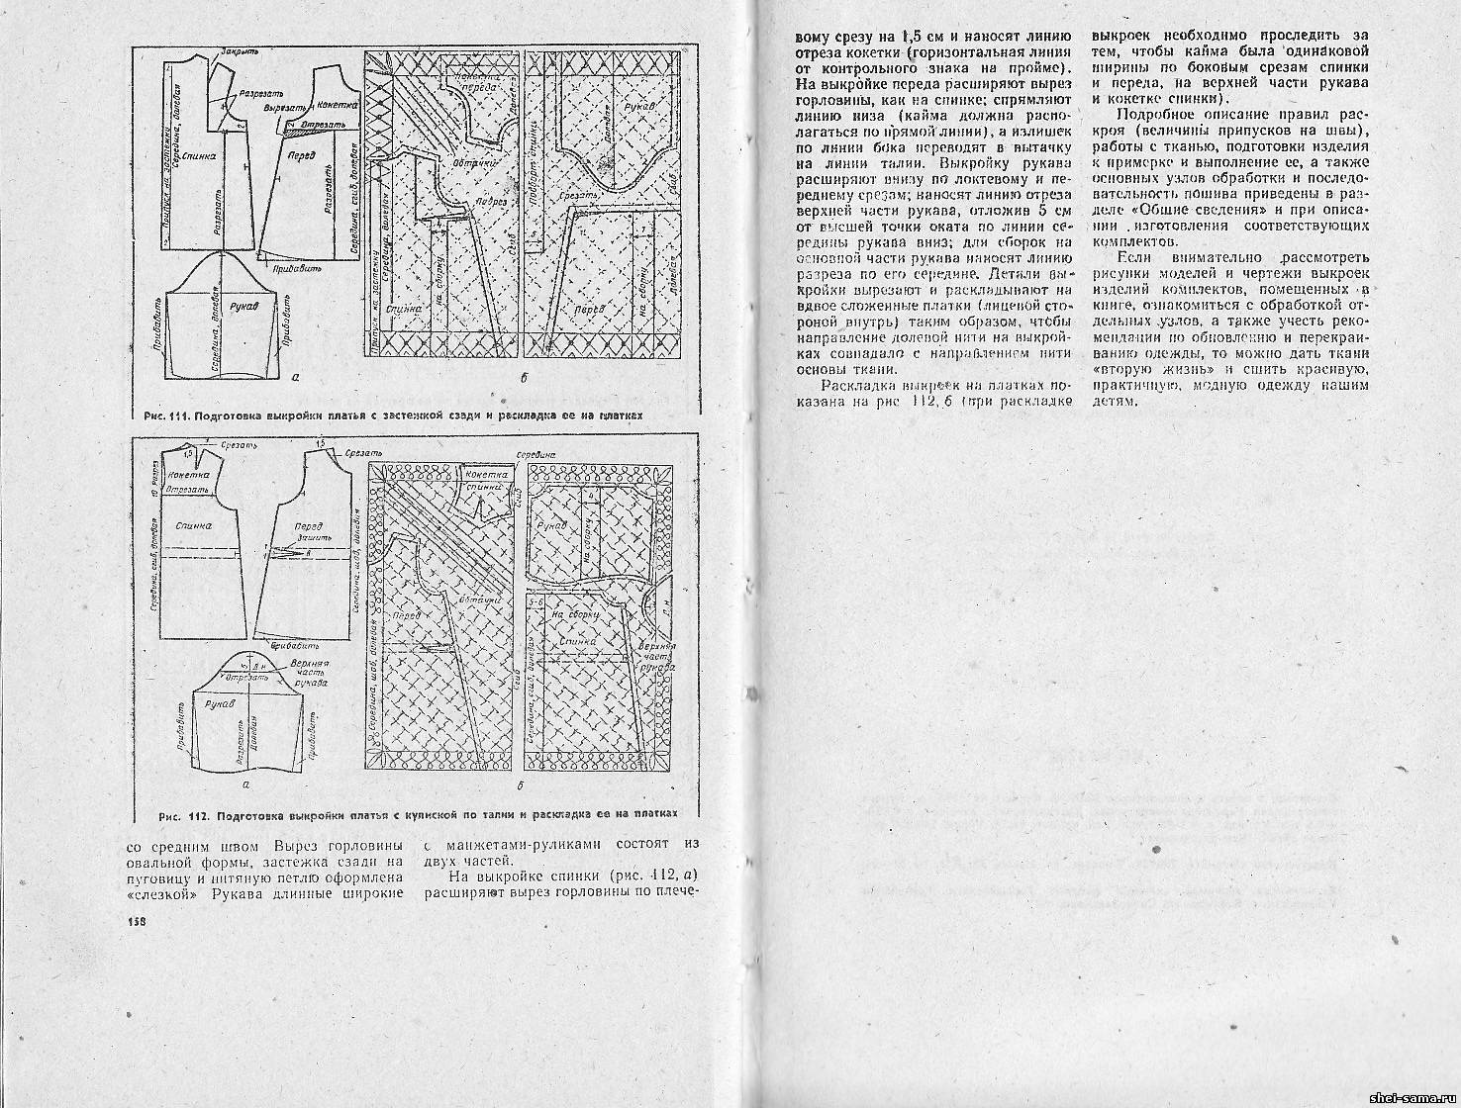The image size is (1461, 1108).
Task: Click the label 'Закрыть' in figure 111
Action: [x=242, y=49]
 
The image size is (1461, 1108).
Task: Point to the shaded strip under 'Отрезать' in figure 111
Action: [x=297, y=127]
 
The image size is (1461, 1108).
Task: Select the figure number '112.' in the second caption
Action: [x=194, y=816]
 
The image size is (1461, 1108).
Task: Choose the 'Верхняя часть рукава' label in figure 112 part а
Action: [x=310, y=674]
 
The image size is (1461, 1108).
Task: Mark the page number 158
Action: [x=138, y=922]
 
